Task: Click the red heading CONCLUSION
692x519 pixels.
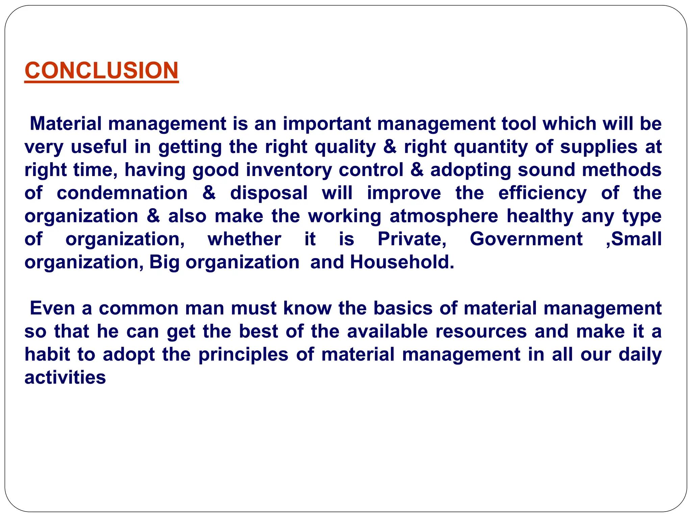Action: [101, 71]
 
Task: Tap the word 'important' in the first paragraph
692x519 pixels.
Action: [327, 124]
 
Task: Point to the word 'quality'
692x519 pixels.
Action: [345, 147]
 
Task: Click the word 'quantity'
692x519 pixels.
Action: [491, 147]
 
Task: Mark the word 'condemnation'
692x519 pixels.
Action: [122, 193]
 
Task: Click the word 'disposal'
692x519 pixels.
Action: [269, 193]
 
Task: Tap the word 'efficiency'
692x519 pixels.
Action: [543, 193]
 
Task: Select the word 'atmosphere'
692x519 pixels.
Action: [444, 216]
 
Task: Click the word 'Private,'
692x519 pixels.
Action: [412, 239]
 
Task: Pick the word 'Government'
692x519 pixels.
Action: [526, 239]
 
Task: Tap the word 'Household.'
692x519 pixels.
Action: [402, 262]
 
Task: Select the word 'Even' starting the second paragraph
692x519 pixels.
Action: [52, 308]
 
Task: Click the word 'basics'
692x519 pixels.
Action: [403, 308]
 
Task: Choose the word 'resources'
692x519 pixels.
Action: [481, 331]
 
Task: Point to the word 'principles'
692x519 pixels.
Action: [243, 355]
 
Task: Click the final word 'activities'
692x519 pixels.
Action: [65, 378]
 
